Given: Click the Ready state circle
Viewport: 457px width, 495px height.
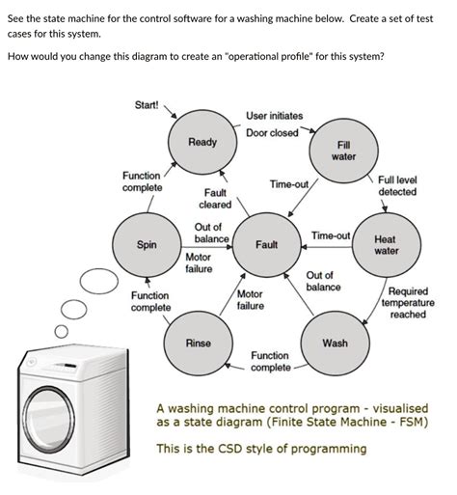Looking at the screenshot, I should (x=202, y=143).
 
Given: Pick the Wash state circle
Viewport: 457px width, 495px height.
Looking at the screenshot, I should (x=335, y=343).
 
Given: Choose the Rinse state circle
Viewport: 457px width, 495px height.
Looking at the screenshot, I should (x=198, y=344).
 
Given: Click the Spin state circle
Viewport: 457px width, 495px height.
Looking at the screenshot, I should (x=147, y=245).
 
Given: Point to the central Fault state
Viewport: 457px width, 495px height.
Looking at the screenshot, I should (x=267, y=244).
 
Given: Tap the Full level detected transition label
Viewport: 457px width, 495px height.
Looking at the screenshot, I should (x=397, y=185).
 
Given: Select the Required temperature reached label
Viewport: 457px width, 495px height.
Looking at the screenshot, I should (x=407, y=302).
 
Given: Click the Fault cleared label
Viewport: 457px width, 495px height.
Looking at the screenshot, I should (x=214, y=200).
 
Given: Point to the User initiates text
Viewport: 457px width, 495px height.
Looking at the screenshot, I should (x=277, y=115).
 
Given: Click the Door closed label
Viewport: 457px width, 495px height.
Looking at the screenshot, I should (x=272, y=132).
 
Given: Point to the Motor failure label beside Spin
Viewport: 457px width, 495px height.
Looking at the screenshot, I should (x=199, y=262).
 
